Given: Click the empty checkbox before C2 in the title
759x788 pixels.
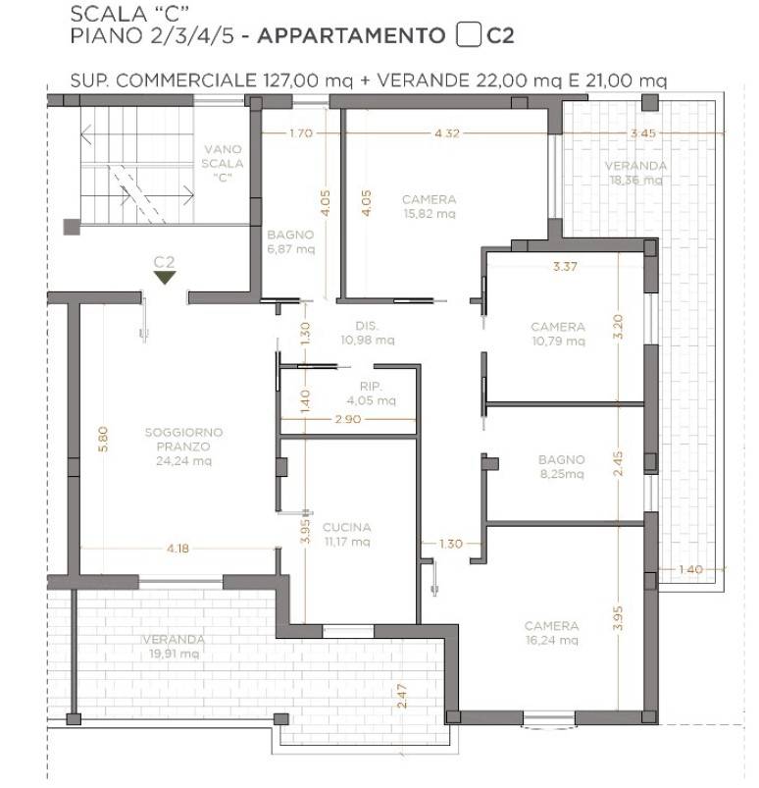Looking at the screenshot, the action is [468, 35].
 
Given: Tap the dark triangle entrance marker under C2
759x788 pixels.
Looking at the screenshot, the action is [165, 278].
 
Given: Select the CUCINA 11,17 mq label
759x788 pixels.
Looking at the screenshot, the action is [346, 534].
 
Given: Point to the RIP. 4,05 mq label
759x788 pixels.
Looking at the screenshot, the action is [372, 393].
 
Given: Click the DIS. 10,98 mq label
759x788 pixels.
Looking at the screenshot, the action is [367, 333].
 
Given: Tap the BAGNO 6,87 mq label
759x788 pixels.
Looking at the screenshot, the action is [291, 241].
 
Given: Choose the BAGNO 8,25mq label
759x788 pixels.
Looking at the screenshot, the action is [562, 466].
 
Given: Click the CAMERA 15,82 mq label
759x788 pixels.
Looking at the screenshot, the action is [429, 206].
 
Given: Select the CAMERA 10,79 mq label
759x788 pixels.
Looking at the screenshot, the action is [558, 334].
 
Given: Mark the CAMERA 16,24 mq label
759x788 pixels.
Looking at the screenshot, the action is [551, 633].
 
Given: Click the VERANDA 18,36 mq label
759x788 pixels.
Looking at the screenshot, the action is [635, 173].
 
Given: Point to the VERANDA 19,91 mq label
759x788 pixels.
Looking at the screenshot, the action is [174, 647].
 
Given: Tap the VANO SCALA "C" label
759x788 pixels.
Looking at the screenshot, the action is [223, 163].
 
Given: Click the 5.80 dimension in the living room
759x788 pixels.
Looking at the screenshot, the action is [103, 439].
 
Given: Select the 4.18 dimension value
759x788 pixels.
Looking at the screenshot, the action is [177, 549].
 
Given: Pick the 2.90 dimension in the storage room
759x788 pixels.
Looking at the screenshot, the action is [347, 419].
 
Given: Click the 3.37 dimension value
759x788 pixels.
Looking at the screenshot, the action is [565, 266].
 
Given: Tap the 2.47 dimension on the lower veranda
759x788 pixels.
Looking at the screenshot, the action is [402, 696].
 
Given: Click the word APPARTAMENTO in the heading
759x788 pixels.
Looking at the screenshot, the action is [351, 35].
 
